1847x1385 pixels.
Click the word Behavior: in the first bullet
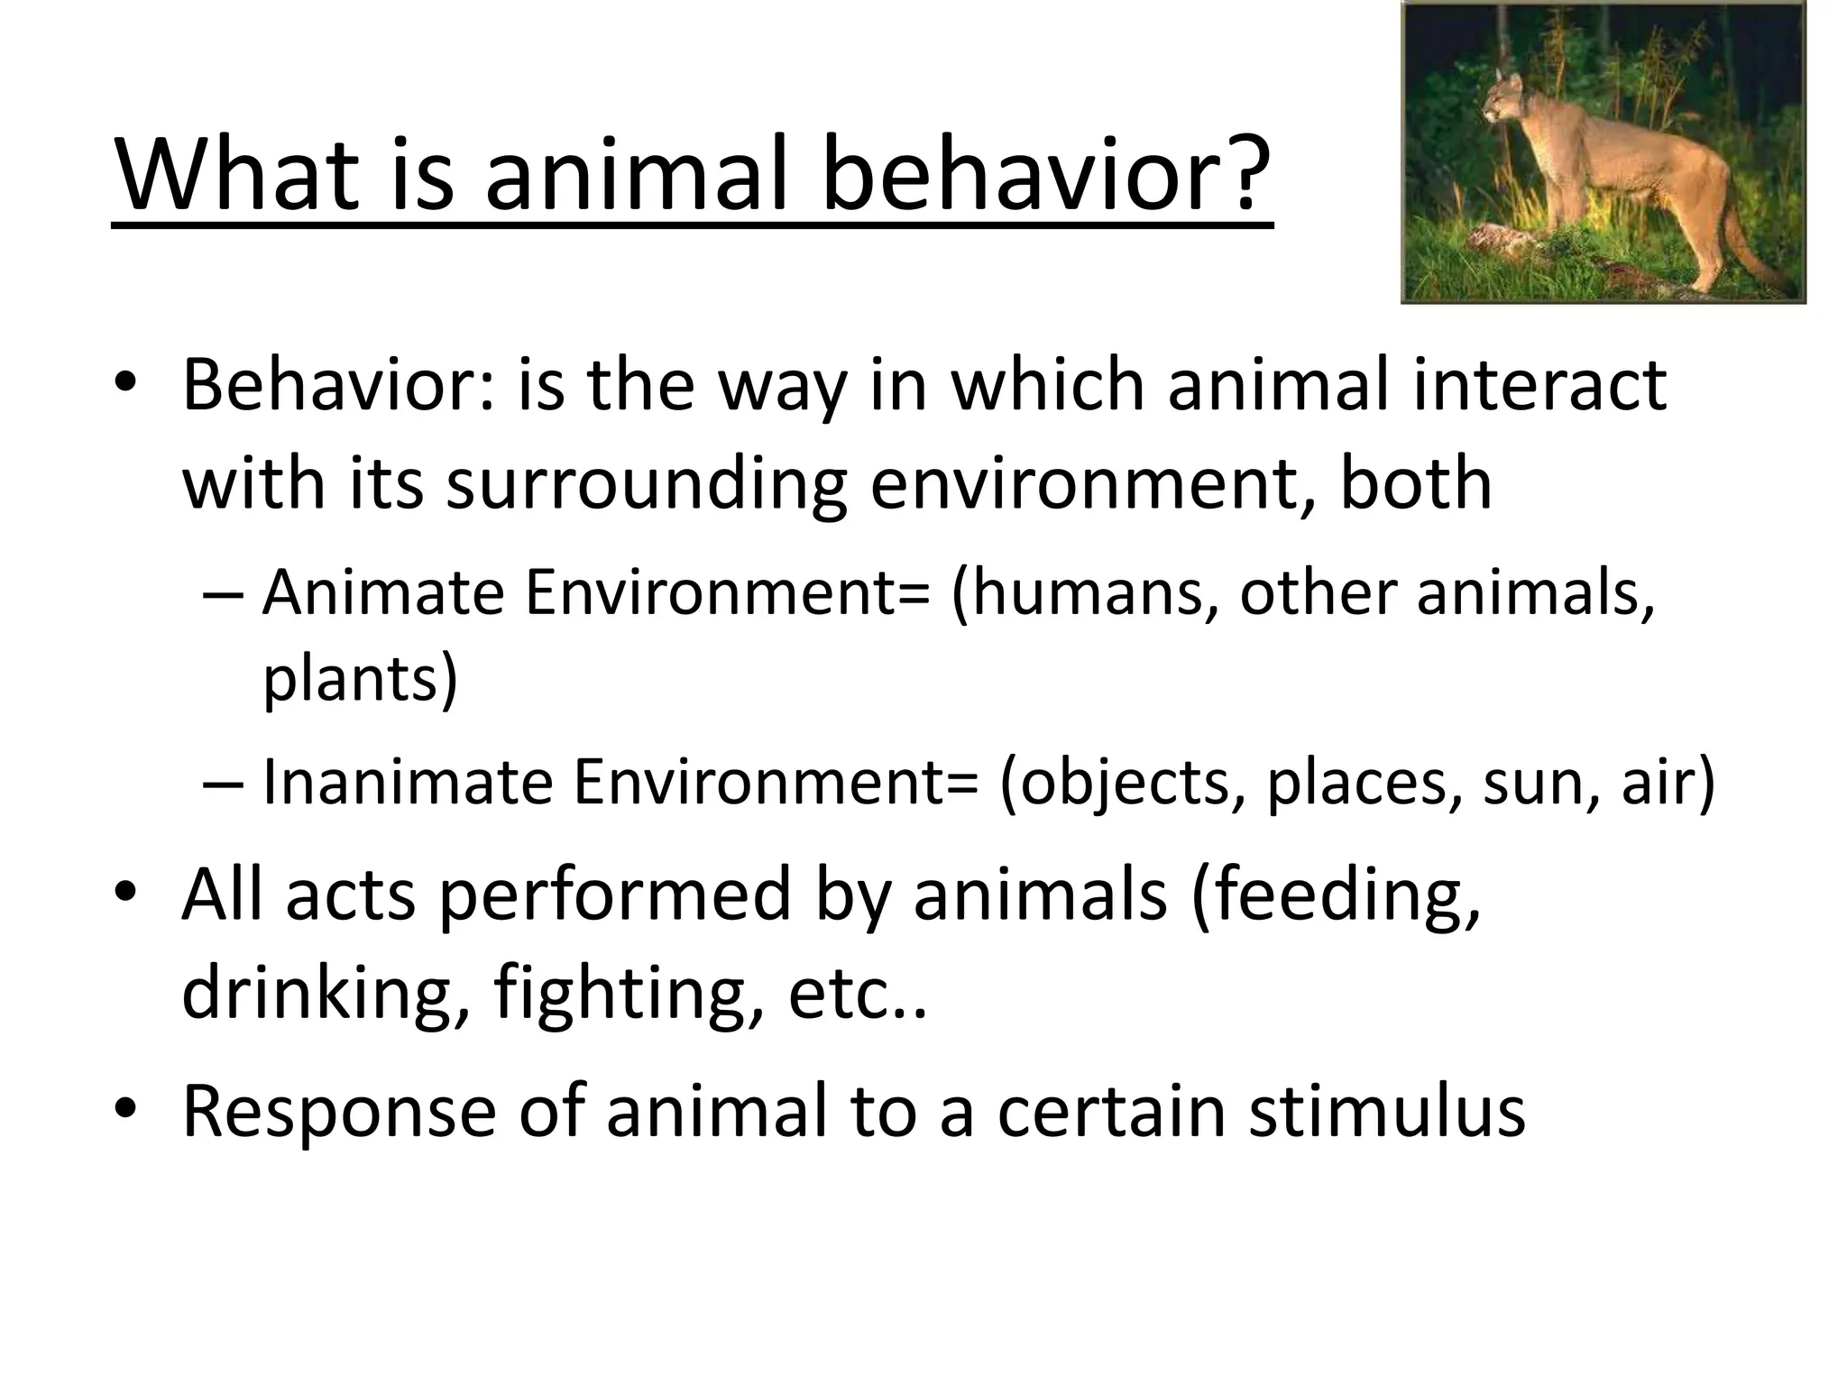coord(338,386)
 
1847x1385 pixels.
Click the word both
coord(1415,484)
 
